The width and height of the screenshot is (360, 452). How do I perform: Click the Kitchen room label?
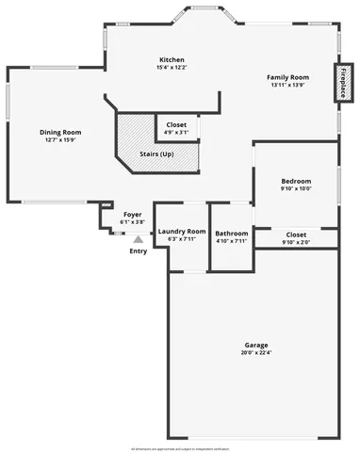click(172, 59)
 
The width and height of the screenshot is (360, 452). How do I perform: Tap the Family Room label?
click(287, 77)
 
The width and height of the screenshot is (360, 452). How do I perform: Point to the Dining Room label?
click(60, 133)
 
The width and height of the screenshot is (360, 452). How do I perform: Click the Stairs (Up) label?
click(155, 153)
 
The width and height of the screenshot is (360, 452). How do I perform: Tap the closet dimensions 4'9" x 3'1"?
click(176, 133)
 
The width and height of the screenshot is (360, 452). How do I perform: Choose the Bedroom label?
click(296, 181)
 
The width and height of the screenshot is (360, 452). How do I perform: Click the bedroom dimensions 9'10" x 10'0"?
click(296, 189)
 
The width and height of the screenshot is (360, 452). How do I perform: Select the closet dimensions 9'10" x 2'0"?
click(296, 242)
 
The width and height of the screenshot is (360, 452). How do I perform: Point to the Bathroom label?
click(231, 233)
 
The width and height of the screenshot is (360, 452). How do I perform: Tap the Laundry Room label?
click(181, 231)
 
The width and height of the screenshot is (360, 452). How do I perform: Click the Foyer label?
click(133, 214)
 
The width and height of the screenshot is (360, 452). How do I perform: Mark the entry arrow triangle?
click(138, 240)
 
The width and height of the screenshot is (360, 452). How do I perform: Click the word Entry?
click(138, 250)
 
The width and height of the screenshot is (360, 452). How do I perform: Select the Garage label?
click(255, 346)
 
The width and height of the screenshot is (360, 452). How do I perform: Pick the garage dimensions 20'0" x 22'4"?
click(255, 354)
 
